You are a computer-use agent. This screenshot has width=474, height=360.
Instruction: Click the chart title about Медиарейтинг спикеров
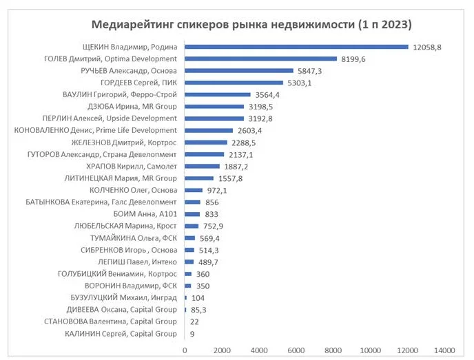pos(251,25)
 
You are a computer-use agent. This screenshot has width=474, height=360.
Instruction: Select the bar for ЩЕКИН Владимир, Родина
pos(296,47)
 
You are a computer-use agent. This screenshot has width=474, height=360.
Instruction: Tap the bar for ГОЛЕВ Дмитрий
pos(260,59)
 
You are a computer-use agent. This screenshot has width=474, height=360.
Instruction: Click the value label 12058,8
pos(427,47)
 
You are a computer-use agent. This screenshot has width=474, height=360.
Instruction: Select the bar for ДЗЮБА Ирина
pos(214,106)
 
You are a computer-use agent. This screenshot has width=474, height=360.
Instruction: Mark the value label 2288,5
pos(244,142)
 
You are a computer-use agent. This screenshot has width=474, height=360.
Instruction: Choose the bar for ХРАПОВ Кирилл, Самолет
pos(202,166)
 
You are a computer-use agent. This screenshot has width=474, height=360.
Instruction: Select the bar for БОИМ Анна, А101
pos(192,213)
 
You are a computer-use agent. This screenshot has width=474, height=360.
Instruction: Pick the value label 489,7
pos(211,262)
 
